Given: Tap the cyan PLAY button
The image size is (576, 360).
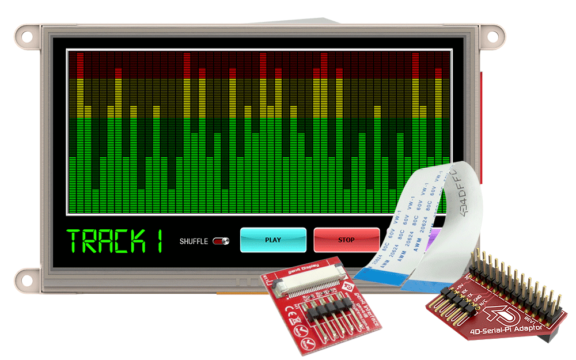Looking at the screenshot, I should click(x=273, y=240).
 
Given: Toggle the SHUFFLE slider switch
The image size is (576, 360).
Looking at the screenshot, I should click(x=221, y=241).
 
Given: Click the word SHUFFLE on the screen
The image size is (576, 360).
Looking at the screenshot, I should click(x=194, y=241).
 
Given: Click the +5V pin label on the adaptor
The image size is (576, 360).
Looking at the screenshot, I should click(x=459, y=286).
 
